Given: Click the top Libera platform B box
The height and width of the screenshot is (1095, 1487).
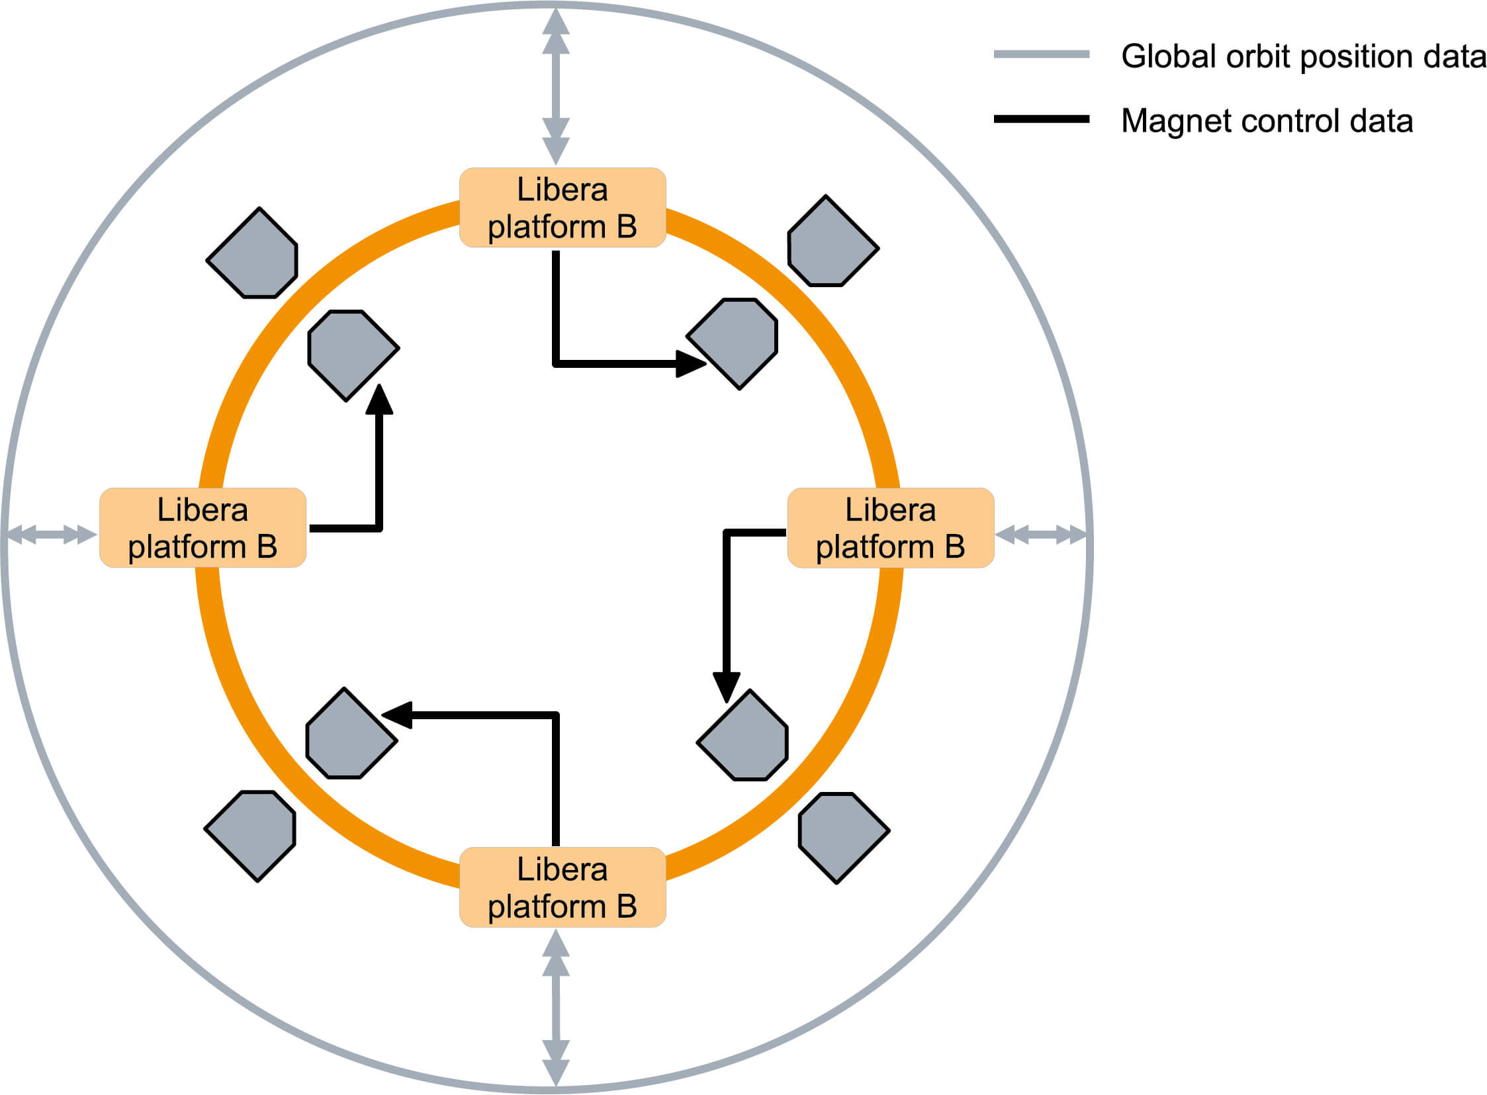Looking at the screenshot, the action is (x=563, y=208).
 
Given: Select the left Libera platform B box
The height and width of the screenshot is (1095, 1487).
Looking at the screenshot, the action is (x=203, y=527).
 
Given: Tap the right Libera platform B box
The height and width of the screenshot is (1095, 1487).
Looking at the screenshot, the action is (x=890, y=527).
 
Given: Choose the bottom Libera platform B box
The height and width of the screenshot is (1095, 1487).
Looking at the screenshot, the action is (x=563, y=887).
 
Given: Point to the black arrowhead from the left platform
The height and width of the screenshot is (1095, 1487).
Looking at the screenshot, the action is (x=380, y=399).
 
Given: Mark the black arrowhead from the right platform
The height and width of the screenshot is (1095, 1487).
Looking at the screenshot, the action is (x=727, y=687).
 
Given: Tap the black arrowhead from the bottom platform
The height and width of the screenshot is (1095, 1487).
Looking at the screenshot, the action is (x=397, y=715).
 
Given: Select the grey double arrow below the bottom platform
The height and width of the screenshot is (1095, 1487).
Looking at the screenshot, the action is (x=556, y=1008).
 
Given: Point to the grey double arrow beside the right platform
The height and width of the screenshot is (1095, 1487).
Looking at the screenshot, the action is (x=1041, y=534).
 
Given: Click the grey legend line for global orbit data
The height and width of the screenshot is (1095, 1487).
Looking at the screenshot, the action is (x=1042, y=54).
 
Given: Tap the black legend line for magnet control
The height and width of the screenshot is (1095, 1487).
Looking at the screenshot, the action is (x=1042, y=119).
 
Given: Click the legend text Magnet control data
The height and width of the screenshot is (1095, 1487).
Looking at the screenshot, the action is (x=1267, y=120).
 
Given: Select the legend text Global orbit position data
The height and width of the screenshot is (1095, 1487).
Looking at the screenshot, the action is (x=1304, y=56).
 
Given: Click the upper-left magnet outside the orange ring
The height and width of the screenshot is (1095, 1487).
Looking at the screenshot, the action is (x=253, y=253).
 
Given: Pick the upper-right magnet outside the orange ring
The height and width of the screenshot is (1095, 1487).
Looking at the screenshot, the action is (x=833, y=241).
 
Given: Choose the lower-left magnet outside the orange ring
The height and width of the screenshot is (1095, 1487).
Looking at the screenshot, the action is (x=250, y=836).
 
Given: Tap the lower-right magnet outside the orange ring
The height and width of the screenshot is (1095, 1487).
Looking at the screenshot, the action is (x=844, y=838).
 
